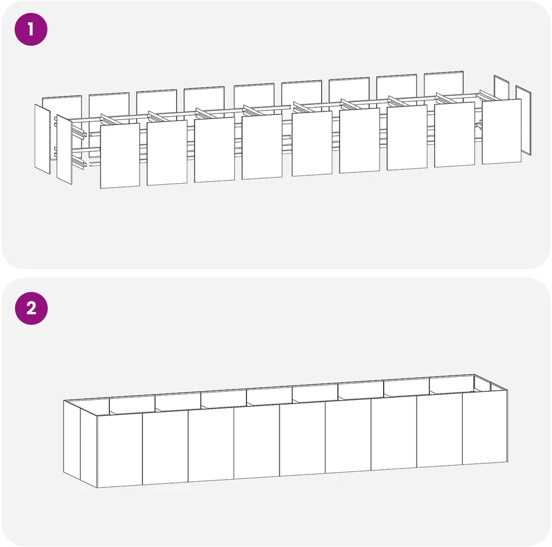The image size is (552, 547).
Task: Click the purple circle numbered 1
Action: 31,29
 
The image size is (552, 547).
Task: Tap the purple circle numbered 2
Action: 31,309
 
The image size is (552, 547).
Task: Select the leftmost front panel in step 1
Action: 120,155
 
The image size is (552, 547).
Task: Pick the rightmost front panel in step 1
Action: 502,132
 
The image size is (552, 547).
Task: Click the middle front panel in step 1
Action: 312,143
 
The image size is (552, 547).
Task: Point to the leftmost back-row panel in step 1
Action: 62,105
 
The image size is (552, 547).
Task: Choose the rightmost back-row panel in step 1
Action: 444,83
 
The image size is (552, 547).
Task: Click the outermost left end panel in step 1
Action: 42,138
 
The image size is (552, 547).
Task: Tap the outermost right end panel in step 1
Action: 524,120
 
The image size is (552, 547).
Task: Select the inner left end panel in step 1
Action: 65,149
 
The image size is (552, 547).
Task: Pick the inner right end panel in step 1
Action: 501,88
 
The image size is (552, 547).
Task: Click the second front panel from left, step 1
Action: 167,152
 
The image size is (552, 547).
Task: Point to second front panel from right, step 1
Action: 454,135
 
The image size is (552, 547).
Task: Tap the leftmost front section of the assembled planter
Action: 120,451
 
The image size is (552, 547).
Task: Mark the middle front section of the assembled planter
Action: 302,439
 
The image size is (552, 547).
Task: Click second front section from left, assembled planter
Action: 166,448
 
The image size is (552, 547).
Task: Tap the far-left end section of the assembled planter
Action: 72,440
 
